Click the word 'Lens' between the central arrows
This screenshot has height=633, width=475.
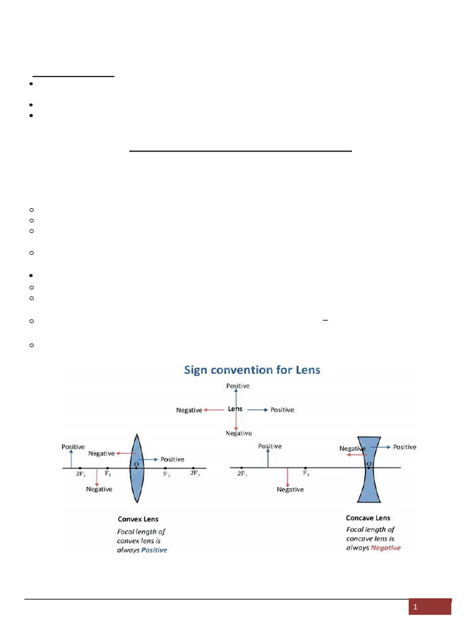click(x=235, y=409)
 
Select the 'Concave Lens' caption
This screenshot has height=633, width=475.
click(x=368, y=518)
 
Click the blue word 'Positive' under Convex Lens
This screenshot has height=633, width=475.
click(x=154, y=550)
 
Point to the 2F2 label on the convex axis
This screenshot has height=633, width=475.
click(x=195, y=474)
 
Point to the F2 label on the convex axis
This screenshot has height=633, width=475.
click(x=167, y=475)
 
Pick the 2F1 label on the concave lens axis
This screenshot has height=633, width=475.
click(x=242, y=474)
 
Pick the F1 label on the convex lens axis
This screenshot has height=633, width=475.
click(x=108, y=474)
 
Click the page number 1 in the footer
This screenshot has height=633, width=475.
click(x=416, y=608)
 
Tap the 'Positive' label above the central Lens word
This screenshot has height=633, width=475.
click(x=238, y=386)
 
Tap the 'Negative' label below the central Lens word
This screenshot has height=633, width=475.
click(x=238, y=433)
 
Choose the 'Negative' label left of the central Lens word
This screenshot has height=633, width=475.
click(x=189, y=410)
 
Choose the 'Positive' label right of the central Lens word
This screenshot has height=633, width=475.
click(x=282, y=410)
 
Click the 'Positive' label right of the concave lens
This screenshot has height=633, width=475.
click(x=404, y=447)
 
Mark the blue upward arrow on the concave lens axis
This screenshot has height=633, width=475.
click(x=268, y=458)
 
